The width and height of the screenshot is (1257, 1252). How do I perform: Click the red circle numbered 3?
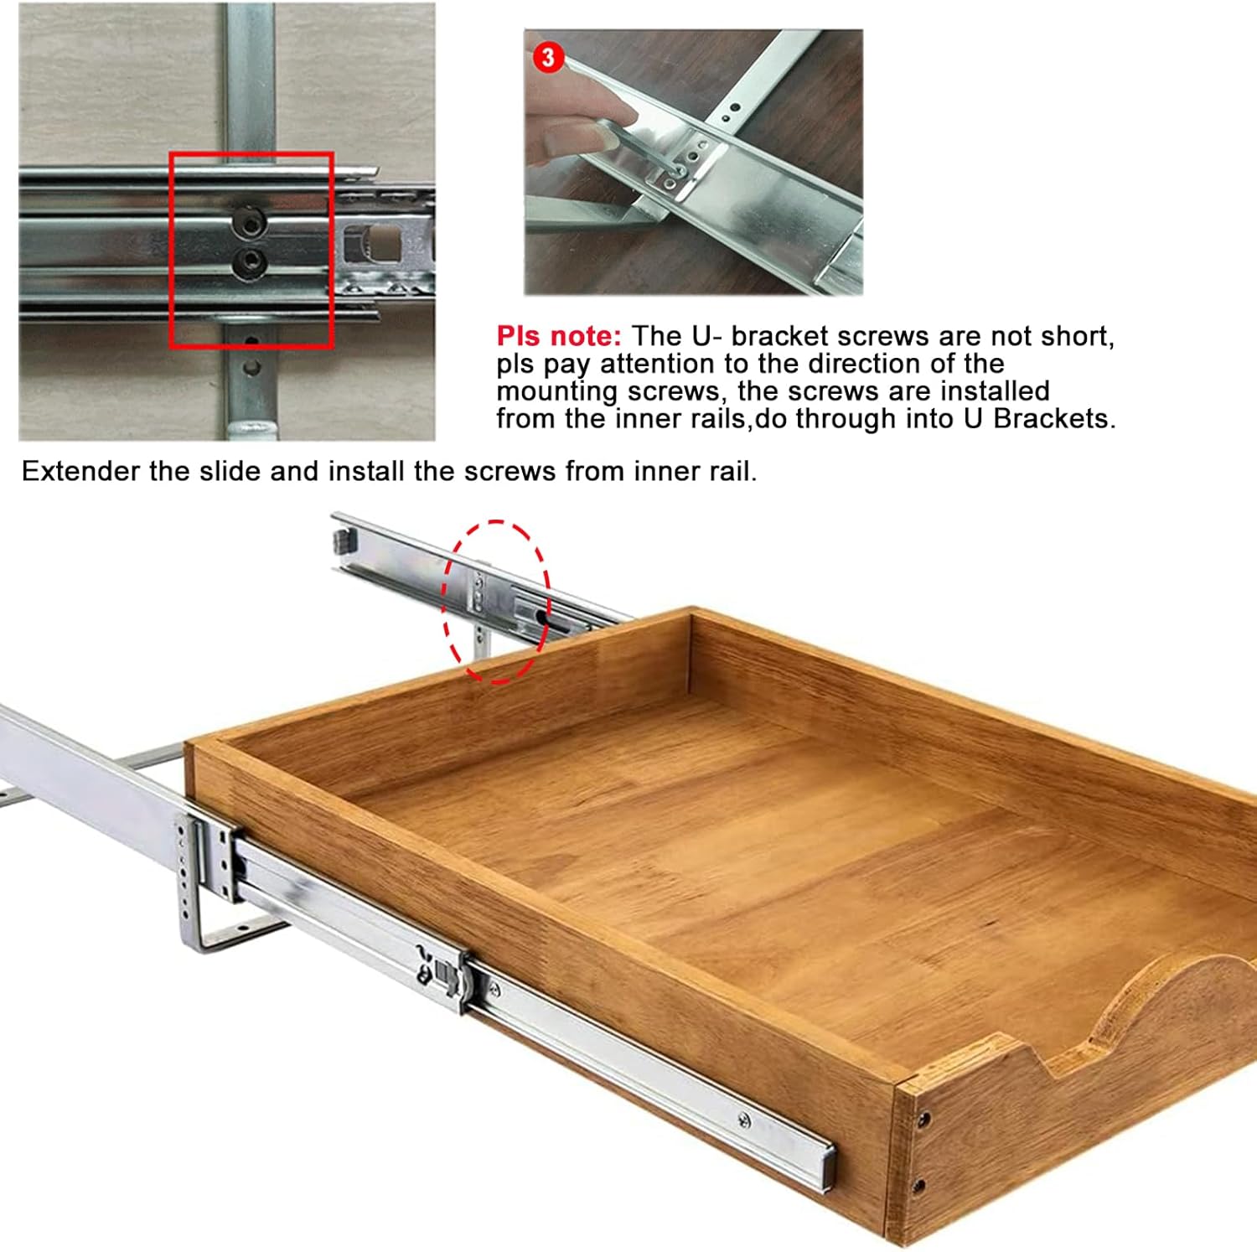548,57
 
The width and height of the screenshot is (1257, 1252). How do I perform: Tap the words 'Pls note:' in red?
559,336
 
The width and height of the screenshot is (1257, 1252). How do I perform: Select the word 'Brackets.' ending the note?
1055,418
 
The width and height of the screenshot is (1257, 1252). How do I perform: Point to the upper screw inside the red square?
250,223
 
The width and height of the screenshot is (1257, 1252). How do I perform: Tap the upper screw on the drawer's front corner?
923,1119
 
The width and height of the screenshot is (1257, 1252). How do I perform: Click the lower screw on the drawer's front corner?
919,1185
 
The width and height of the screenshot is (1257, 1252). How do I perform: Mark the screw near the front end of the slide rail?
743,1120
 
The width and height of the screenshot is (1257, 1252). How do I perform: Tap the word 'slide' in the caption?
229,471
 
